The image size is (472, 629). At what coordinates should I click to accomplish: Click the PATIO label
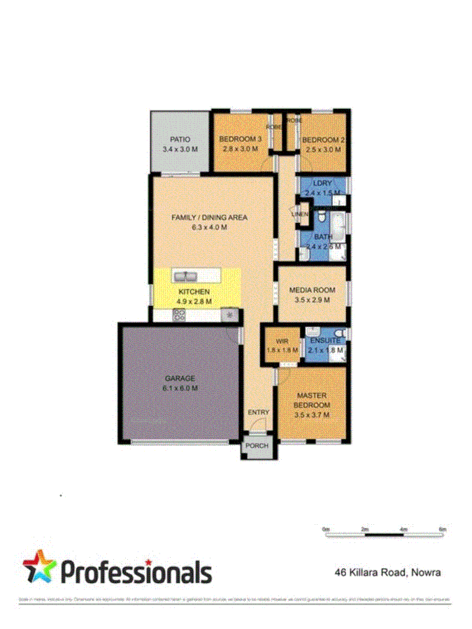pos(180,140)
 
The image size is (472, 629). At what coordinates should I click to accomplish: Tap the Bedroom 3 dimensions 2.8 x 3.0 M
pos(241,150)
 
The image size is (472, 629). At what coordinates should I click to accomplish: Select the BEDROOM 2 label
pos(324,140)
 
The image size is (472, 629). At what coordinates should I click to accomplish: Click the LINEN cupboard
pos(300,214)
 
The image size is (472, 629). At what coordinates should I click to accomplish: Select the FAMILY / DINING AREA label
pos(210,217)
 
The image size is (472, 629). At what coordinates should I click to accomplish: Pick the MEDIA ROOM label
pos(312,290)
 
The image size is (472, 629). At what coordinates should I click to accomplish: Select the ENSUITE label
pos(325,340)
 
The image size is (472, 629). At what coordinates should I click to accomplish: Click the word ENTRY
pos(258,412)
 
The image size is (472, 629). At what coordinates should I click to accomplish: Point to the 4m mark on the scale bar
pos(403,529)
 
